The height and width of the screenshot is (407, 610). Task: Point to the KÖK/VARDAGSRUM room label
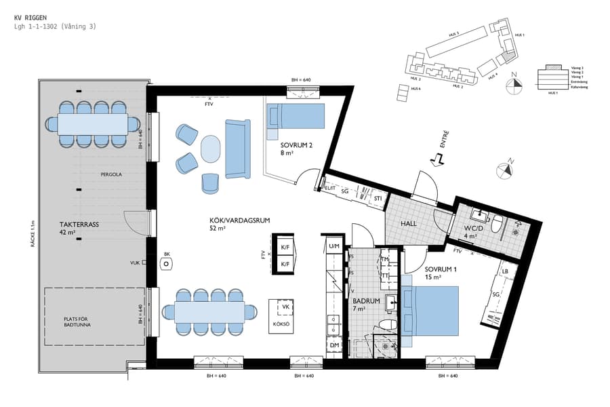(231, 221)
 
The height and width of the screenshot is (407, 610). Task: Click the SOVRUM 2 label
(296, 145)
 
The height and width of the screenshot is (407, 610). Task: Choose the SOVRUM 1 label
(428, 270)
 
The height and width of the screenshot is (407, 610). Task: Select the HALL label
(409, 223)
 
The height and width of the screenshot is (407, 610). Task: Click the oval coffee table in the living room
(211, 149)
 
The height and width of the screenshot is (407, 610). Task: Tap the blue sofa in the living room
(238, 149)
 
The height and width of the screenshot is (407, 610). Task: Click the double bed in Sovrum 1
(430, 311)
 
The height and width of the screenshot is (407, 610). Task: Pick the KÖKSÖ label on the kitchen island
(281, 325)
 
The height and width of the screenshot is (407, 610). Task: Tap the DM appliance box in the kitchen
(334, 345)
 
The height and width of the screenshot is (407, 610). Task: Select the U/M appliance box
(334, 245)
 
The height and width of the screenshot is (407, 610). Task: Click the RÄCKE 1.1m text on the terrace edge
(32, 231)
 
